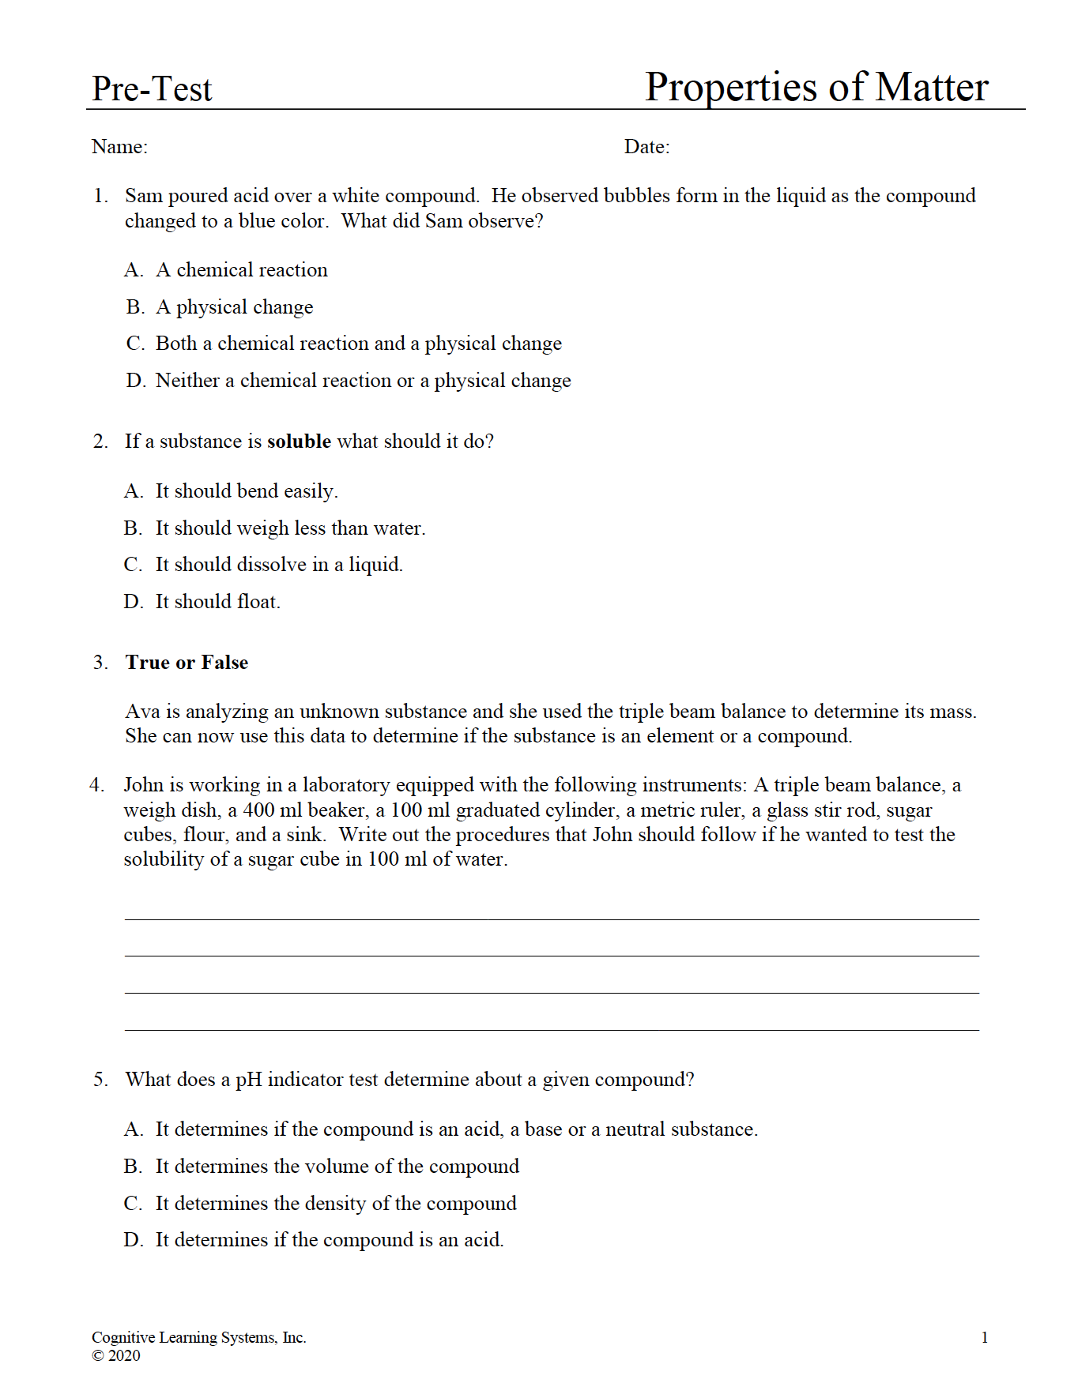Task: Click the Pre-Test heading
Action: (x=152, y=89)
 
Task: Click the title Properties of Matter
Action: (x=816, y=87)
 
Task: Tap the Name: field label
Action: (x=119, y=147)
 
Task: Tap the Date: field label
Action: (x=646, y=147)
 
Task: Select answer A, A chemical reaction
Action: (x=241, y=270)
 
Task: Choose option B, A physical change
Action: (x=234, y=307)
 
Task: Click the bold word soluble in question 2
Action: (x=299, y=442)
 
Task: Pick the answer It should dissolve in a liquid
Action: (x=278, y=565)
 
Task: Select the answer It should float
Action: (x=217, y=602)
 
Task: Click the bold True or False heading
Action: (x=187, y=663)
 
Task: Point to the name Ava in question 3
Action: (x=142, y=712)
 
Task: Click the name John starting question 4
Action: (x=145, y=785)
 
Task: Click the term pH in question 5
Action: (x=248, y=1080)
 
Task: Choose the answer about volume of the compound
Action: (x=337, y=1167)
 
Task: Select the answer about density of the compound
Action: (x=335, y=1204)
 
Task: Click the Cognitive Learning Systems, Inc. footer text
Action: (x=198, y=1337)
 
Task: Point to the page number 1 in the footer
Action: (x=984, y=1337)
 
